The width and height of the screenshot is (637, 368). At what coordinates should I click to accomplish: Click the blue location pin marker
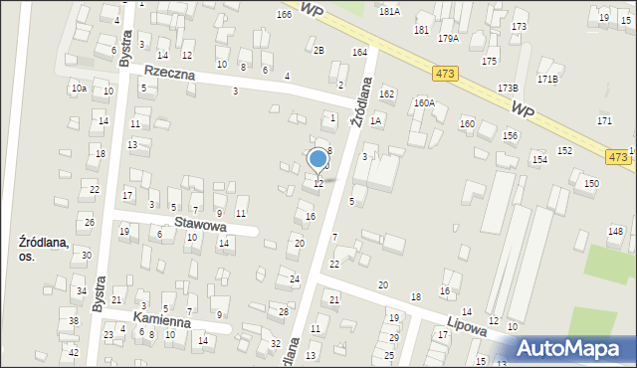[318, 159]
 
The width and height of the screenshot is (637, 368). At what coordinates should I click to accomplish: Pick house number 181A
[389, 11]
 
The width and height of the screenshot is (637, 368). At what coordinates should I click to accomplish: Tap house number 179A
[448, 38]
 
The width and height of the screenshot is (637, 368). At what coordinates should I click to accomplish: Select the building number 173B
[508, 88]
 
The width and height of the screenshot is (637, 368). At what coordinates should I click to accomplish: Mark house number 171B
[547, 78]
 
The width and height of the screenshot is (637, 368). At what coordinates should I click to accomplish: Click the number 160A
[425, 102]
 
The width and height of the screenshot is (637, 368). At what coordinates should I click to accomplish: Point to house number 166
[284, 15]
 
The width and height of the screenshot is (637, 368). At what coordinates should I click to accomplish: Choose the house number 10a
[79, 89]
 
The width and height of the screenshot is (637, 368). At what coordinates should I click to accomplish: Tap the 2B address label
[318, 50]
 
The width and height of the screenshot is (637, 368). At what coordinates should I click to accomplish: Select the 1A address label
[375, 120]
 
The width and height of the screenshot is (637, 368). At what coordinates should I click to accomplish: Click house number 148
[615, 232]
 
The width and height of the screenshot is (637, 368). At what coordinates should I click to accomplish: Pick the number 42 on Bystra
[74, 353]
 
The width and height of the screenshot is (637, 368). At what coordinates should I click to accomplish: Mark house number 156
[511, 135]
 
